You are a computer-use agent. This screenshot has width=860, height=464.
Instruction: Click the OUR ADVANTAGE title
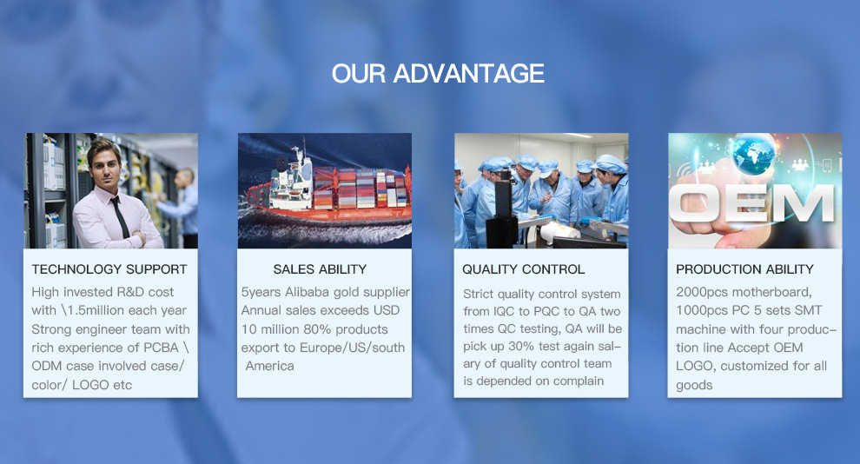point(438,74)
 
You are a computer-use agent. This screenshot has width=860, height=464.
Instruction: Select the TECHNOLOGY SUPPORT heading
point(109,269)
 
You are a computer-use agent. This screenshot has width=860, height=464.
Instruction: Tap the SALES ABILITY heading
point(320,269)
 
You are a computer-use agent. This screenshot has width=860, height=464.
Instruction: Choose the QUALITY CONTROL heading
point(524,269)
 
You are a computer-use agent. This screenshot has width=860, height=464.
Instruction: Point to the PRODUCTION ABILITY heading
point(745,269)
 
